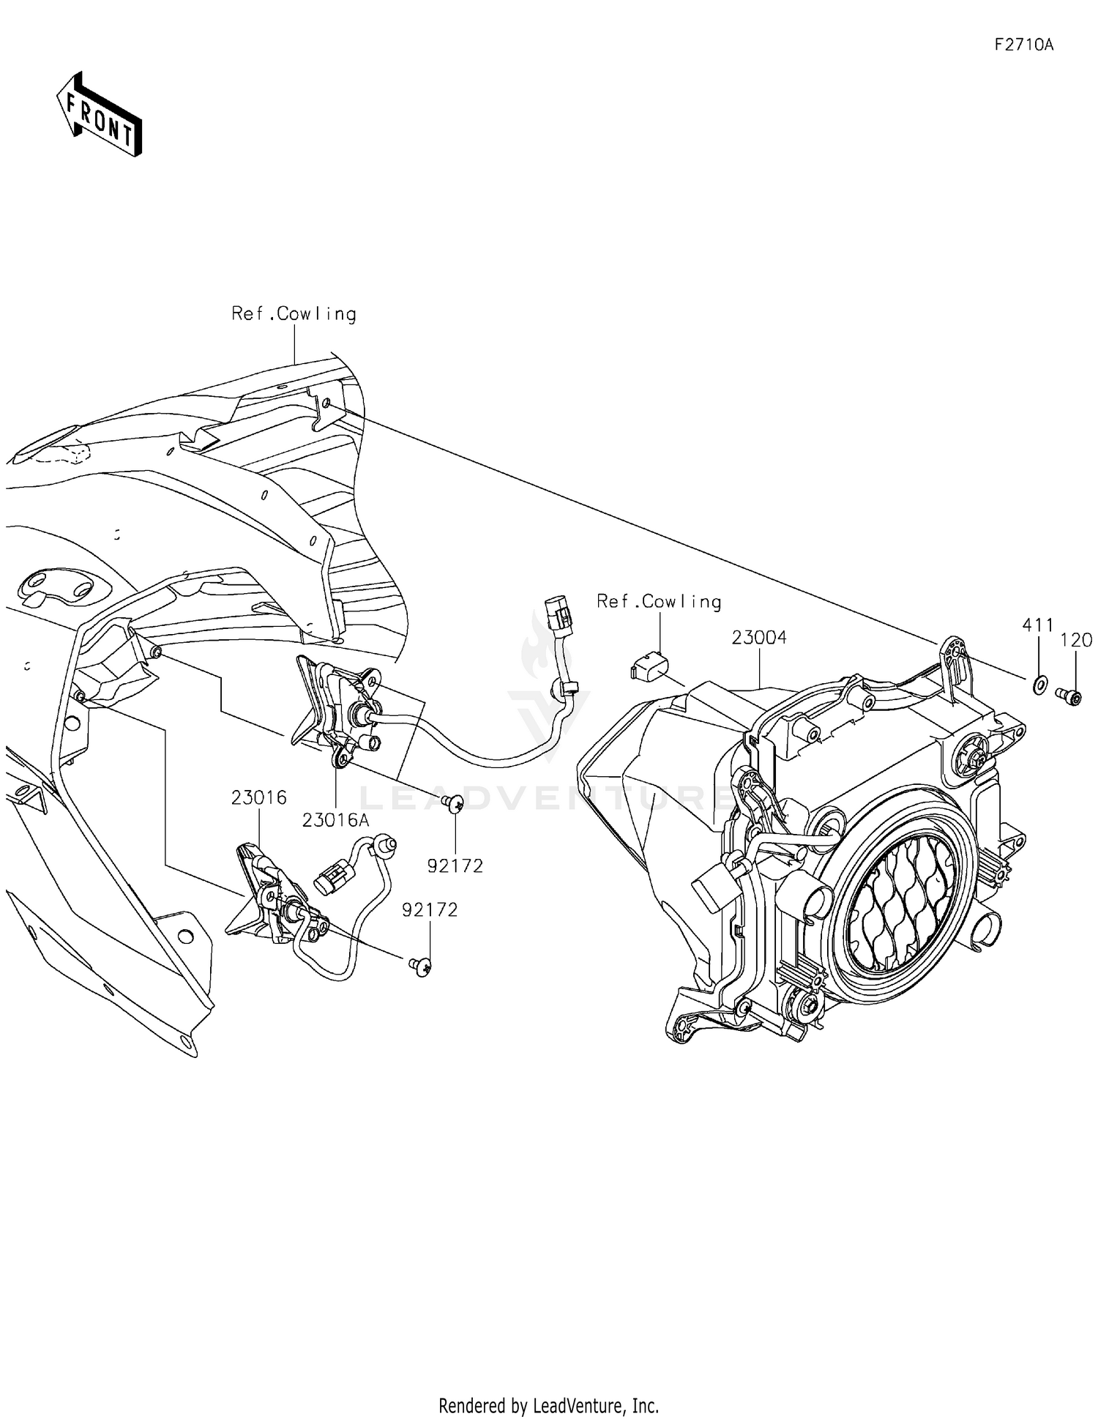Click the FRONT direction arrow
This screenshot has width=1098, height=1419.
tap(100, 114)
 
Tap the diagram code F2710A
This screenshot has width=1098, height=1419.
tap(1023, 45)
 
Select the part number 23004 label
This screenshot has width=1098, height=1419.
tap(759, 638)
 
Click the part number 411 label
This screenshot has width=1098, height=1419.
tap(1037, 625)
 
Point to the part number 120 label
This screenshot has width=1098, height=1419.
tap(1076, 640)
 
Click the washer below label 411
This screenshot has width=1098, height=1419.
tap(1039, 686)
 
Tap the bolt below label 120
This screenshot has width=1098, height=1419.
tap(1069, 695)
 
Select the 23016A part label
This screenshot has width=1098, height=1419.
tap(335, 821)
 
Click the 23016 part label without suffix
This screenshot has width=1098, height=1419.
tap(259, 797)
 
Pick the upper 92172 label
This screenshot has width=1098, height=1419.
tap(455, 866)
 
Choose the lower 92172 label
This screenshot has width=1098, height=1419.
tap(430, 909)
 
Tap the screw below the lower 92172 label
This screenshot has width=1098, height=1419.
tap(421, 967)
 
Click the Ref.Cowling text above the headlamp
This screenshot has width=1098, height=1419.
tap(659, 602)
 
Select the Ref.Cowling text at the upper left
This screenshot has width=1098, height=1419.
tap(294, 313)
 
